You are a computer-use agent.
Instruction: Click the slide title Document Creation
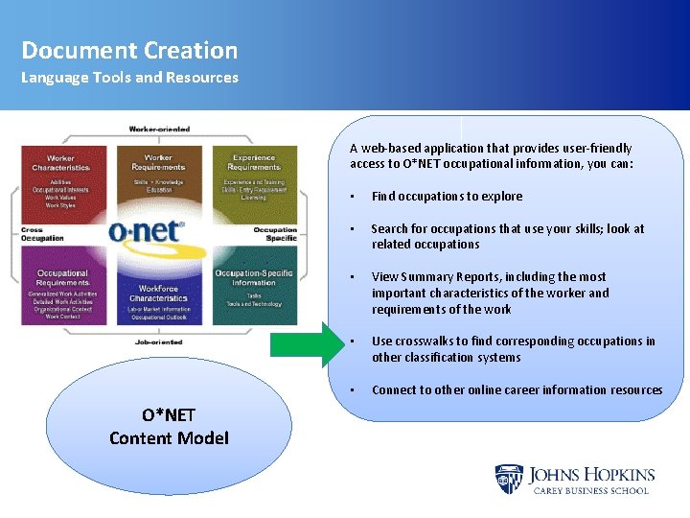pyautogui.click(x=129, y=50)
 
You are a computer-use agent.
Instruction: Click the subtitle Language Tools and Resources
pyautogui.click(x=129, y=78)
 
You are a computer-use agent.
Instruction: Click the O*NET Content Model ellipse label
pyautogui.click(x=169, y=427)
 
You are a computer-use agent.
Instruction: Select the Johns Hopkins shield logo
pyautogui.click(x=508, y=479)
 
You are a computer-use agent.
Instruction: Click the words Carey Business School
pyautogui.click(x=590, y=490)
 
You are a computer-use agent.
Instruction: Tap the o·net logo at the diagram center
pyautogui.click(x=147, y=231)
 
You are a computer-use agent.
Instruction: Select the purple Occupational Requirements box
pyautogui.click(x=63, y=292)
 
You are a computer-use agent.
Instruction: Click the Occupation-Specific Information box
pyautogui.click(x=253, y=288)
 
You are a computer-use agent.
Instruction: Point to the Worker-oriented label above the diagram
pyautogui.click(x=159, y=129)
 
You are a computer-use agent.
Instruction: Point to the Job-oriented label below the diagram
pyautogui.click(x=159, y=341)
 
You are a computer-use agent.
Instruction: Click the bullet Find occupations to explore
pyautogui.click(x=447, y=197)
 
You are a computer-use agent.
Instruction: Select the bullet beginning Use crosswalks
pyautogui.click(x=514, y=349)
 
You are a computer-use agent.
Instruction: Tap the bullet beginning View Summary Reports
pyautogui.click(x=490, y=293)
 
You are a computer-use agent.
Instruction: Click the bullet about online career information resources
pyautogui.click(x=517, y=390)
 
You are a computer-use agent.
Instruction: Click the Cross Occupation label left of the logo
pyautogui.click(x=42, y=233)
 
